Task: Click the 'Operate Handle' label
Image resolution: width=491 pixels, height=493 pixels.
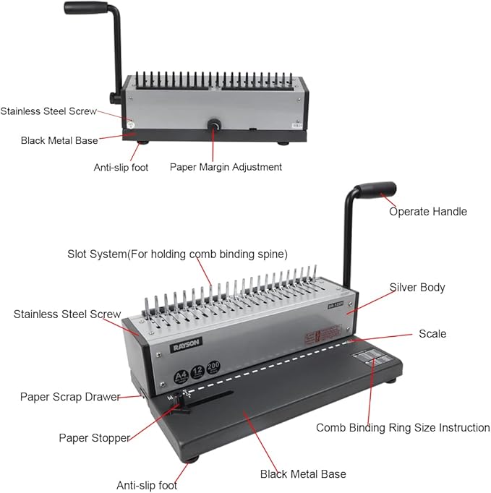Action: pos(427,212)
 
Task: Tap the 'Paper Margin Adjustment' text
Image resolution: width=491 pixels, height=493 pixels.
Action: pos(226,167)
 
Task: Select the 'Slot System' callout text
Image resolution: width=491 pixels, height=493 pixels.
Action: pos(177,254)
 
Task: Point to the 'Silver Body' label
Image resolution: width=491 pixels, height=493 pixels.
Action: pos(417,287)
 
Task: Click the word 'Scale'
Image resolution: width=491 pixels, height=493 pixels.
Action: pos(432,334)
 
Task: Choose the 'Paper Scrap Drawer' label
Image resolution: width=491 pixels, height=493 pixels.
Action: pos(70,397)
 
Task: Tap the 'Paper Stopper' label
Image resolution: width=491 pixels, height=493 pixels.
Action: pos(94,438)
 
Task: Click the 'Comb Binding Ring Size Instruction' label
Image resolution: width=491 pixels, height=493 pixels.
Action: pos(403,428)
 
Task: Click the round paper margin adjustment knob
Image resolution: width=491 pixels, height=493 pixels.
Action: pos(215,127)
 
